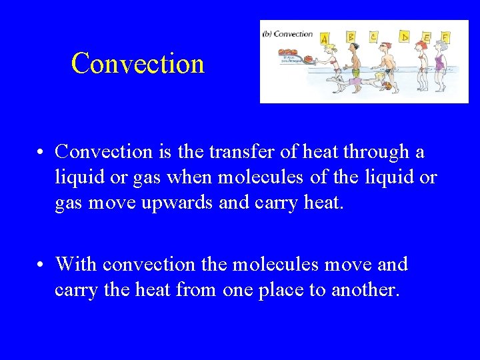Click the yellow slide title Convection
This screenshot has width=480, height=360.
[x=137, y=63]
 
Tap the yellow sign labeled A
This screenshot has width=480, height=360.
[x=325, y=39]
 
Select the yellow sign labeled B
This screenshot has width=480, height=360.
[x=351, y=37]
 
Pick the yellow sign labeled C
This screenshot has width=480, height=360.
[x=375, y=36]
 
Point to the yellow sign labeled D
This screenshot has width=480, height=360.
[x=404, y=36]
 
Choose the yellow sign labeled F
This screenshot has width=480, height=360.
[x=445, y=37]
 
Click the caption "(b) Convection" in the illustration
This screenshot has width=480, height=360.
[x=288, y=33]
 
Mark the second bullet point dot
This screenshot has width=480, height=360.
[x=41, y=265]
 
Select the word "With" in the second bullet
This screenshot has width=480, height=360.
[x=76, y=265]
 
